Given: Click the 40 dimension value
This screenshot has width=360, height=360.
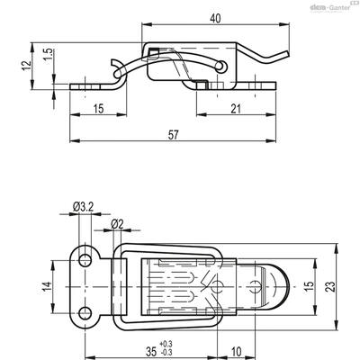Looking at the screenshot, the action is (x=215, y=19).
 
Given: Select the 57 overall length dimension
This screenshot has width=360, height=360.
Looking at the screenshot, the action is (x=173, y=135).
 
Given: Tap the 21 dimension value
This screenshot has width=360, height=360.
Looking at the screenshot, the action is (x=236, y=109).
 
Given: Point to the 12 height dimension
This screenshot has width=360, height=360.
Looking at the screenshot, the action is (x=27, y=66).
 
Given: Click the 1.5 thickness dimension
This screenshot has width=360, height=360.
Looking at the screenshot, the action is (x=49, y=55).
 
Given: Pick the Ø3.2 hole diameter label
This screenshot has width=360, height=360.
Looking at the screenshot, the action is (x=83, y=207).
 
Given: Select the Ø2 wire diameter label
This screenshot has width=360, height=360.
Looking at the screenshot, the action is (x=117, y=224).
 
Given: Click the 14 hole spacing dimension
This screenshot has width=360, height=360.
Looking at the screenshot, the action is (x=47, y=286).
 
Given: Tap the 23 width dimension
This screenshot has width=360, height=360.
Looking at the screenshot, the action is (x=330, y=286).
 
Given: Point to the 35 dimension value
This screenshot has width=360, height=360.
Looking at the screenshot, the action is (x=151, y=351).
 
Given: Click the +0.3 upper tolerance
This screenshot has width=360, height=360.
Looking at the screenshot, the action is (x=166, y=344).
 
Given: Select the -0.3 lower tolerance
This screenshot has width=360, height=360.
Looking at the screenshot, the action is (x=166, y=352).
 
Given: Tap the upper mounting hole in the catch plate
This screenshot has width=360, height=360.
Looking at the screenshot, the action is (x=85, y=260).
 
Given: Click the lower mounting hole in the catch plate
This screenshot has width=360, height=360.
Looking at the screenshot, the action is (x=85, y=313).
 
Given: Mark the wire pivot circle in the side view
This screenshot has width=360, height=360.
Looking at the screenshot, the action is (x=221, y=66).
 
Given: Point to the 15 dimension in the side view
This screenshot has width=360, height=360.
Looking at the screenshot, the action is (x=98, y=109).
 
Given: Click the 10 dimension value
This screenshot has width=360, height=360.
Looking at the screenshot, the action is (x=237, y=351).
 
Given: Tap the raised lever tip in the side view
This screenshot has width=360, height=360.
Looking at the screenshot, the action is (x=286, y=54).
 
